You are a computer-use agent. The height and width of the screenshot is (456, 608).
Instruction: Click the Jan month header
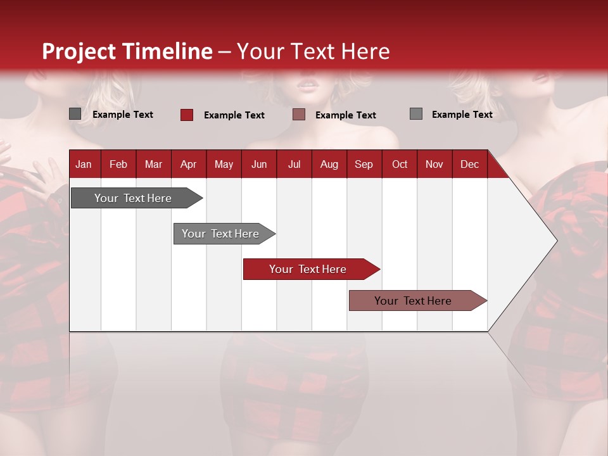(84, 164)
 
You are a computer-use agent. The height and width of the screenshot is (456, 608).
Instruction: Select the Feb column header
(118, 164)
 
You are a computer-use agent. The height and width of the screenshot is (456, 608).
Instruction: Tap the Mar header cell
(153, 164)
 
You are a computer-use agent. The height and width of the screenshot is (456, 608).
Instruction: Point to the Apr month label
(188, 164)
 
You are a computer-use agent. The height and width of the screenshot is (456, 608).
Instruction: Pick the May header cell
(224, 164)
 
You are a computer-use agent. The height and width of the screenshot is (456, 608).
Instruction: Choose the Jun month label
(259, 164)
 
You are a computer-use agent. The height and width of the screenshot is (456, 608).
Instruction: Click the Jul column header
(294, 164)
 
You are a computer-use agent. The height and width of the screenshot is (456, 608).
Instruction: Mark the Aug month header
(329, 164)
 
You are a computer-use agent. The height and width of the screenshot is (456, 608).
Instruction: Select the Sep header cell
(364, 164)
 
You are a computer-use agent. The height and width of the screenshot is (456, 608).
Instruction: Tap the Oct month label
(400, 164)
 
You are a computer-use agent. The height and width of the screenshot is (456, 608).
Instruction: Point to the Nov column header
(434, 164)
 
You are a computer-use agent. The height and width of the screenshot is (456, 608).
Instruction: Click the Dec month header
(469, 164)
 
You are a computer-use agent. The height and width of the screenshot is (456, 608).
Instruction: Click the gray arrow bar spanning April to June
(222, 234)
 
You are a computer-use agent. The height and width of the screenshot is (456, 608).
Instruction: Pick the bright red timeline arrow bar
(308, 269)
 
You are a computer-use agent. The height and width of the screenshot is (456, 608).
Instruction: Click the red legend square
(187, 115)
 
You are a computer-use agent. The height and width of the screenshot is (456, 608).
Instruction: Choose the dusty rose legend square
(299, 115)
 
